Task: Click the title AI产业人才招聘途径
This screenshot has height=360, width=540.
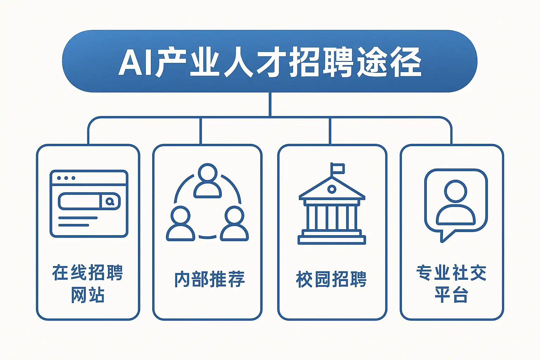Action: [x=270, y=63]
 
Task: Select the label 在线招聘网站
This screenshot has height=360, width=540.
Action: [x=88, y=283]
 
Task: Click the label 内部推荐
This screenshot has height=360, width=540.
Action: [x=210, y=279]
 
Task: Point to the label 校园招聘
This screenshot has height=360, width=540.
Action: [x=331, y=279]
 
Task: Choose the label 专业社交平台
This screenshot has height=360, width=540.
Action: [x=451, y=283]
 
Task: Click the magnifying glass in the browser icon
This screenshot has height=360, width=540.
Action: [x=110, y=202]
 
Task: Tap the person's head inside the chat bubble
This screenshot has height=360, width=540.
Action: [x=456, y=192]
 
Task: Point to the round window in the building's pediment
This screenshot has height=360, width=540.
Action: [x=332, y=189]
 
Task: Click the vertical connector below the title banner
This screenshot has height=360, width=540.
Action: [x=270, y=104]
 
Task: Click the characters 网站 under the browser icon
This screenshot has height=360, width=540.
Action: [x=88, y=295]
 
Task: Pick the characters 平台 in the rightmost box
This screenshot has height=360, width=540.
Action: [x=451, y=295]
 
